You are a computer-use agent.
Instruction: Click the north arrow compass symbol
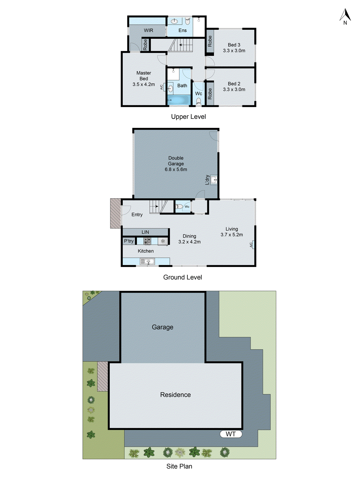tap(345, 16)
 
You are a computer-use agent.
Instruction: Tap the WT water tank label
tap(231, 434)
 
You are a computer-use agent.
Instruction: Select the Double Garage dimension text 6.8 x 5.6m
tap(176, 169)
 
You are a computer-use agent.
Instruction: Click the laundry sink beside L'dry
tap(214, 180)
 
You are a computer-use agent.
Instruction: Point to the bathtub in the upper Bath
tap(179, 100)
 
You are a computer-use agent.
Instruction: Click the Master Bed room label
tap(144, 76)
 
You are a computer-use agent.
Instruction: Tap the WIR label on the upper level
tap(148, 30)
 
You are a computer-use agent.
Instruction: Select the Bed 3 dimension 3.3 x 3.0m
tap(234, 51)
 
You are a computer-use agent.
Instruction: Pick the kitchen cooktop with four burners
tap(147, 241)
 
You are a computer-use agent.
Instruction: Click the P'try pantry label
tap(129, 241)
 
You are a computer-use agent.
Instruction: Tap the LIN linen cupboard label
tap(145, 232)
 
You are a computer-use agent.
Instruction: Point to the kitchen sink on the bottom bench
tap(147, 262)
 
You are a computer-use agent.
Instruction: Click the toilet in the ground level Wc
tap(179, 206)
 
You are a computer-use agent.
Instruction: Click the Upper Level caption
tap(188, 117)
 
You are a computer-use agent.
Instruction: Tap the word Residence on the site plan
tap(175, 395)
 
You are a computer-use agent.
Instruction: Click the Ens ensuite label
tap(182, 30)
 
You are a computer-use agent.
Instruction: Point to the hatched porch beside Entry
tap(115, 213)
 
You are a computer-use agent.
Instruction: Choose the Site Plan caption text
tap(179, 466)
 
